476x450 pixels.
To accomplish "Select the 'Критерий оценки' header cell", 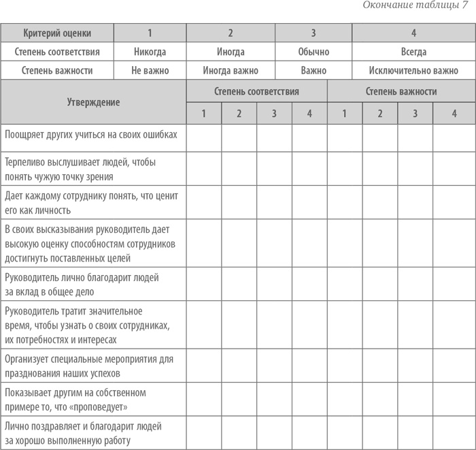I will tap(57, 33).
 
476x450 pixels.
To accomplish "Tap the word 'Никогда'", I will tap(150, 52).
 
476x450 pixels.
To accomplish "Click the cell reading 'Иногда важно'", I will tap(231, 70).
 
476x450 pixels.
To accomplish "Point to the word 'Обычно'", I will tap(313, 52).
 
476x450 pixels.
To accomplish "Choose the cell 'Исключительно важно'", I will tap(413, 70).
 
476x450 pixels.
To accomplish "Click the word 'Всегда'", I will tap(413, 52).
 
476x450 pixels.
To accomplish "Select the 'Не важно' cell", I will tap(150, 70).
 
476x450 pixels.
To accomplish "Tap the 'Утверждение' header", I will tap(93, 102).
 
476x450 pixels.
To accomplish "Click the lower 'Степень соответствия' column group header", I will tap(256, 91).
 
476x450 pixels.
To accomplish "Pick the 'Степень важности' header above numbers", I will tap(401, 91).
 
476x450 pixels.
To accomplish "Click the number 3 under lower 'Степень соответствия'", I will tap(274, 114).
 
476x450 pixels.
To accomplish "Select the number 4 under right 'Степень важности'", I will tap(454, 114).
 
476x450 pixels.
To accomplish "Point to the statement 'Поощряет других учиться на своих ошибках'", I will tap(91, 134).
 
